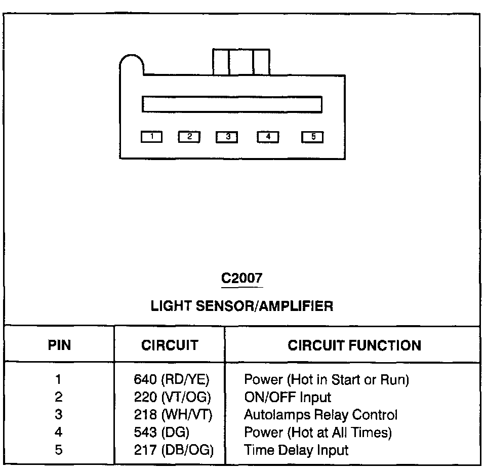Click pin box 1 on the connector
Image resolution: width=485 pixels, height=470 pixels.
coord(151,136)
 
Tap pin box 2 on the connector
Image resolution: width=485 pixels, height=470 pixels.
coord(189,136)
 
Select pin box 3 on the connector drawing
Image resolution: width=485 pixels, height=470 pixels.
coord(227,136)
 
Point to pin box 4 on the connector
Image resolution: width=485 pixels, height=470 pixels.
coord(268,136)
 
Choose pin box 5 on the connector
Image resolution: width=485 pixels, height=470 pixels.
coord(312,136)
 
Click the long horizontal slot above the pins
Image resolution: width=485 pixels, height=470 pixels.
coord(232,104)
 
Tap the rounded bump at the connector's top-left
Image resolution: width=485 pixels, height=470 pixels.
coord(132,63)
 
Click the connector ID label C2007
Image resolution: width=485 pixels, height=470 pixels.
coord(242,278)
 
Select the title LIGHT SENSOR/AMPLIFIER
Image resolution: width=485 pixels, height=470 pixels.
coord(242,306)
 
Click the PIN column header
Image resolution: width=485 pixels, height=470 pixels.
coord(59,345)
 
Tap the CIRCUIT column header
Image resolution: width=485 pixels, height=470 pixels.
coord(170,345)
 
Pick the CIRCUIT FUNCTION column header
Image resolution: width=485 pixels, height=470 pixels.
coord(354,345)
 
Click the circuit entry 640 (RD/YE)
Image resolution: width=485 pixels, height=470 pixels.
coord(172,379)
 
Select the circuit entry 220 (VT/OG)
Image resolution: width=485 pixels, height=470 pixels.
coord(172,397)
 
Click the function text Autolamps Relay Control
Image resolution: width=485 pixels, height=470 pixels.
coord(320,415)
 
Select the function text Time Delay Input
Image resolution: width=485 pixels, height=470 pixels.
coord(296,450)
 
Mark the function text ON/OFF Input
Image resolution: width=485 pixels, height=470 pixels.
coord(287,397)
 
